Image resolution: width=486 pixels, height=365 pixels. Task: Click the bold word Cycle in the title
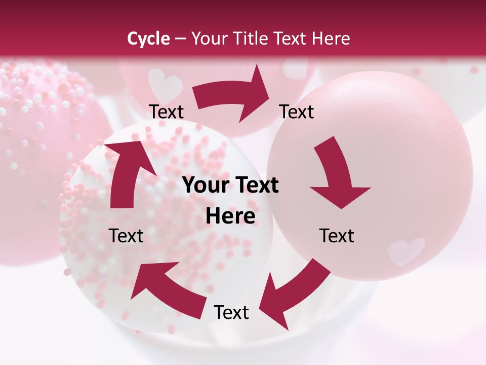click(148, 39)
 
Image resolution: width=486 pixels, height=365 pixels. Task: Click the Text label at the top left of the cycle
click(167, 112)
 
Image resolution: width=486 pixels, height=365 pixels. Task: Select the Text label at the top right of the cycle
click(297, 112)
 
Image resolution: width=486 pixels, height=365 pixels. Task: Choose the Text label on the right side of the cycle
click(337, 236)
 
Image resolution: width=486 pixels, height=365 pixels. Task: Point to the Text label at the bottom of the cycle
click(231, 313)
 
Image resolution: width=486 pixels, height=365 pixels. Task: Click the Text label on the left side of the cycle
click(127, 236)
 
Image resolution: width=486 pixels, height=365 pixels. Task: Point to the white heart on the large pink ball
click(406, 250)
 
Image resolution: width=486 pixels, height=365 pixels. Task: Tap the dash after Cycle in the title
click(180, 39)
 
